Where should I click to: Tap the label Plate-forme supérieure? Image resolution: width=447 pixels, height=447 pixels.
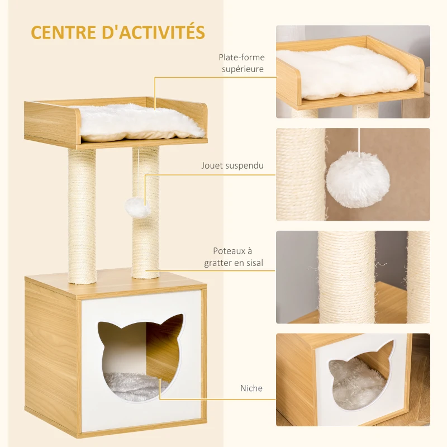(x=242, y=63)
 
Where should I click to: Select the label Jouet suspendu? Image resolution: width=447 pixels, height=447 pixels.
(x=232, y=165)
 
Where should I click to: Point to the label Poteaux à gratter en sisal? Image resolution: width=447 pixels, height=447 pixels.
(x=238, y=257)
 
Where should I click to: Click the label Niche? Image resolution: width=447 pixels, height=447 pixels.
(x=251, y=388)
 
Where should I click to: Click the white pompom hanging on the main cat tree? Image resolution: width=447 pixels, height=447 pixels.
(x=137, y=208)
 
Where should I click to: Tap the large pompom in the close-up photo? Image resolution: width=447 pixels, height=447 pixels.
(x=358, y=179)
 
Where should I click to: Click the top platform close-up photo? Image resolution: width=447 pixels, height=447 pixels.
(x=353, y=72)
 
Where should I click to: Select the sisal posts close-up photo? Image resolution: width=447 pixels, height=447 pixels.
(x=353, y=277)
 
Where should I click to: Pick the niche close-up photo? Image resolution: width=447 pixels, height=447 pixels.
(x=353, y=380)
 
